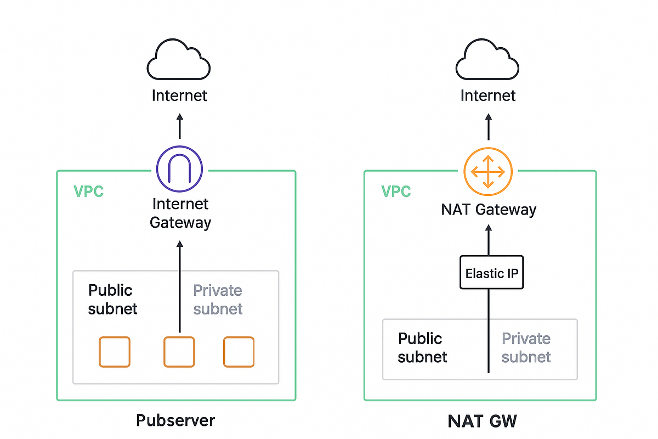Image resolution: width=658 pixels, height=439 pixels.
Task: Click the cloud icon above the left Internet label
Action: pyautogui.click(x=179, y=61)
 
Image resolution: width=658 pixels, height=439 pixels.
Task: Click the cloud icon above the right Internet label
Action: pyautogui.click(x=487, y=61)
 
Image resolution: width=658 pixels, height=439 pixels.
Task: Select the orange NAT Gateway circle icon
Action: pyautogui.click(x=487, y=171)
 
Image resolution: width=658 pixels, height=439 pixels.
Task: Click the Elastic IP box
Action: pyautogui.click(x=492, y=273)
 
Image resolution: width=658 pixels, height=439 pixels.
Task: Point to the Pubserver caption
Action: pyautogui.click(x=175, y=421)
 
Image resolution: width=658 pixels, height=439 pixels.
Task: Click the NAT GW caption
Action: pyautogui.click(x=483, y=421)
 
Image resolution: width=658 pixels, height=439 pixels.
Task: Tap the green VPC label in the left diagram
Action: pyautogui.click(x=88, y=192)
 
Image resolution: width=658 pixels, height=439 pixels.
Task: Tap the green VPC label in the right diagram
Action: pyautogui.click(x=396, y=192)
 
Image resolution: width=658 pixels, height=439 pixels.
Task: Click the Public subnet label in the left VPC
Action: pyautogui.click(x=112, y=299)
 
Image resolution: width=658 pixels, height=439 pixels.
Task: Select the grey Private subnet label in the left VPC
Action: pyautogui.click(x=218, y=299)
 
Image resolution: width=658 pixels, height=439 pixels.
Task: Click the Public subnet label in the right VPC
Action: pyautogui.click(x=422, y=347)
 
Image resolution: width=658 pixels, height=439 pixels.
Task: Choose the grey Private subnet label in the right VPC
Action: pyautogui.click(x=526, y=347)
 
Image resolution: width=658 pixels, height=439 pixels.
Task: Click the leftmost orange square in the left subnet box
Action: pyautogui.click(x=115, y=352)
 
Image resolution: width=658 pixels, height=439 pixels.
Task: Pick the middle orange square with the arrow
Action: pyautogui.click(x=179, y=352)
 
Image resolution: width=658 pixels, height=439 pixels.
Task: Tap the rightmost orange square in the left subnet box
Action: pyautogui.click(x=239, y=352)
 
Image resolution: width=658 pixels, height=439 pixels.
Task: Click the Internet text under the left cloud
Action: pyautogui.click(x=179, y=95)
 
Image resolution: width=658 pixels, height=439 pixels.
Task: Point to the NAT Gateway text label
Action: pyautogui.click(x=488, y=210)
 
